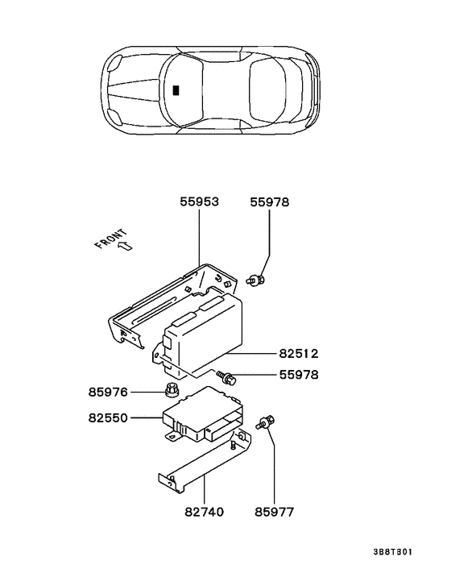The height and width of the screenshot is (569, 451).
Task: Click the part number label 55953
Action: tap(199, 202)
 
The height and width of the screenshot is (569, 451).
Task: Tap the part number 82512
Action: tap(297, 352)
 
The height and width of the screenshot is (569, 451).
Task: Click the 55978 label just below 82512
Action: tap(297, 374)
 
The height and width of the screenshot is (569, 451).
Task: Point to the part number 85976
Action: tap(109, 392)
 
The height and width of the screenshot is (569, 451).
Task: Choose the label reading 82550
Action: tap(108, 418)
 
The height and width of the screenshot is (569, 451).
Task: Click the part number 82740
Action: tap(204, 511)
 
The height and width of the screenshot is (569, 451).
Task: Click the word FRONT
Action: tap(111, 242)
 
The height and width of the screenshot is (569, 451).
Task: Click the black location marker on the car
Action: tap(176, 89)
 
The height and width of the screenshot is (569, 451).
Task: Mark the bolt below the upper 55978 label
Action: tap(256, 280)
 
